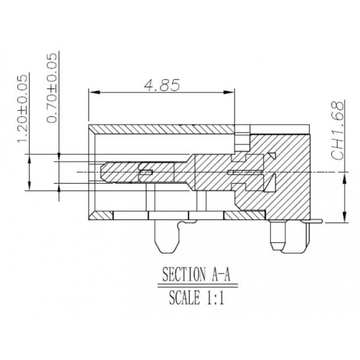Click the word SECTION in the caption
point(180,273)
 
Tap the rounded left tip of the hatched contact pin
point(103,172)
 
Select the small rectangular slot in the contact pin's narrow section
point(146,172)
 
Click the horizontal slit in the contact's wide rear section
point(243,172)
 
